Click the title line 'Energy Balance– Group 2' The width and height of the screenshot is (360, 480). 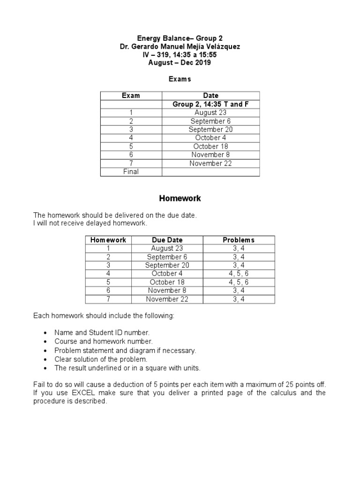point(180,38)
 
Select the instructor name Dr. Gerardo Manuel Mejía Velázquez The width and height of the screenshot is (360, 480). point(180,47)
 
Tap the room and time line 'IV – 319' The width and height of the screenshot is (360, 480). point(180,55)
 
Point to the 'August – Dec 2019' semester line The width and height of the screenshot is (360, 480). point(180,63)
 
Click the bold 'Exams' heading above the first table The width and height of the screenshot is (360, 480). point(180,79)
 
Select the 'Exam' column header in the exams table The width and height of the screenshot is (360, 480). point(131,96)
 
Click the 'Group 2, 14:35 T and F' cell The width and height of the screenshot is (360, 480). point(210,104)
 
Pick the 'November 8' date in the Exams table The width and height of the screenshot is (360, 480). point(210,155)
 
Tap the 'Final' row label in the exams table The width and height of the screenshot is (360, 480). point(131,172)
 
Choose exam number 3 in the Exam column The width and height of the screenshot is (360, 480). point(131,129)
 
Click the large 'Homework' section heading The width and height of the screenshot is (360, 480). point(180,198)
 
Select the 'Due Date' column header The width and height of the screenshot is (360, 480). point(167,240)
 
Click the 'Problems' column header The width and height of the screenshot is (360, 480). point(239,240)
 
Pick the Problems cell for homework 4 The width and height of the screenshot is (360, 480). point(239,274)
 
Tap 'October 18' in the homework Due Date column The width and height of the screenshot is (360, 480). point(167,282)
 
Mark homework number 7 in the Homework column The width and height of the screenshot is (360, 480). point(108,299)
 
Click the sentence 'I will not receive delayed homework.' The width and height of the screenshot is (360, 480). point(90,223)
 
